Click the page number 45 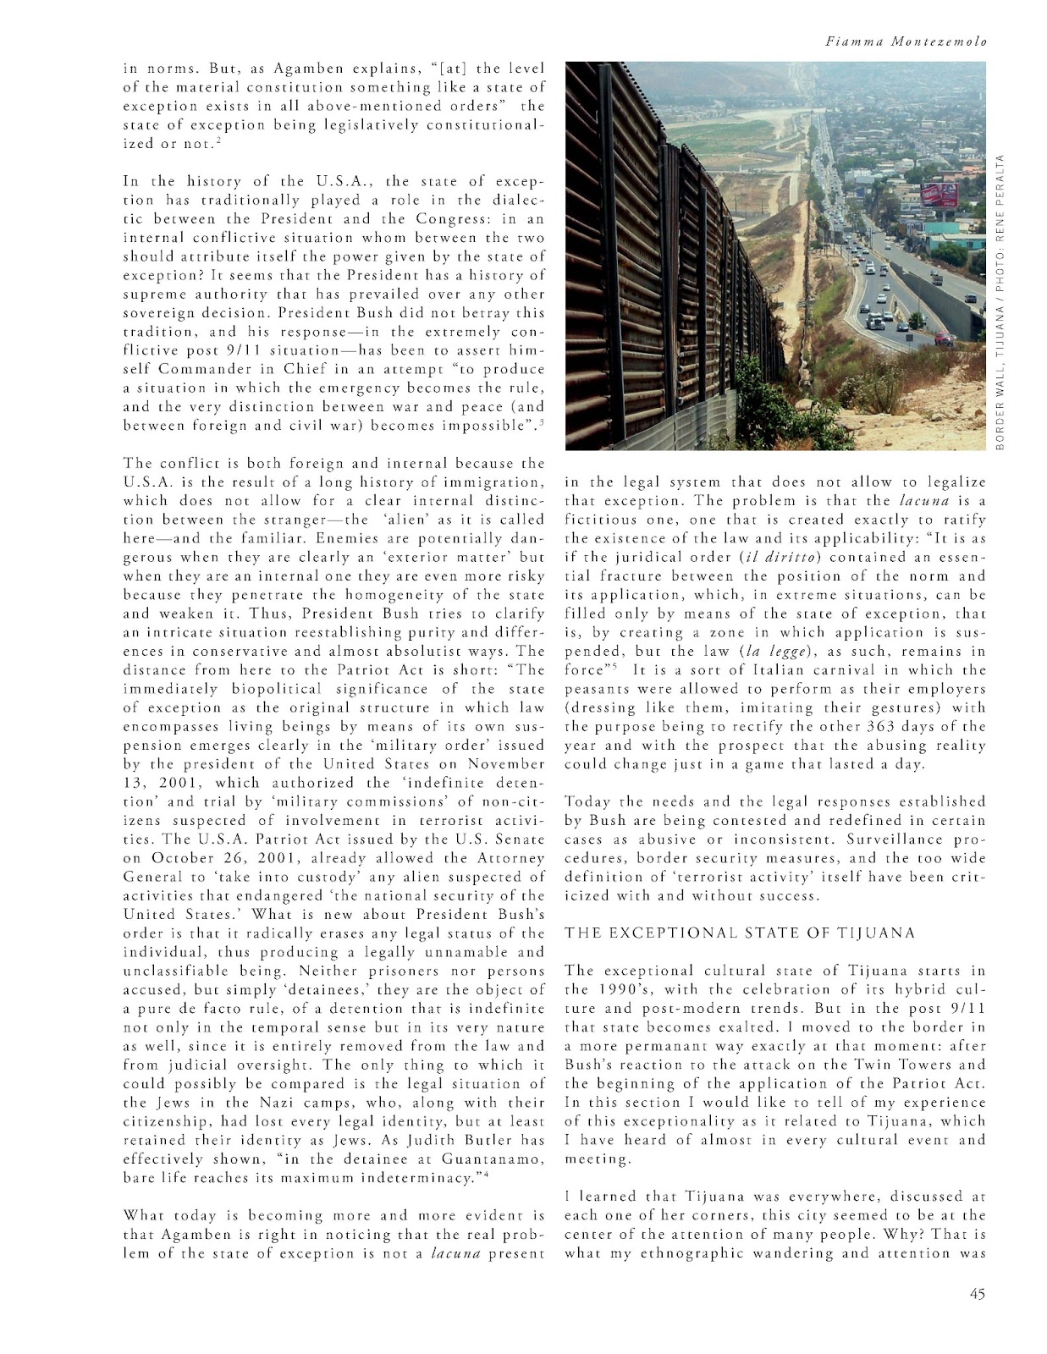973,1292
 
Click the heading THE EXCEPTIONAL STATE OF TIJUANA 740,933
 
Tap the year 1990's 614,989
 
